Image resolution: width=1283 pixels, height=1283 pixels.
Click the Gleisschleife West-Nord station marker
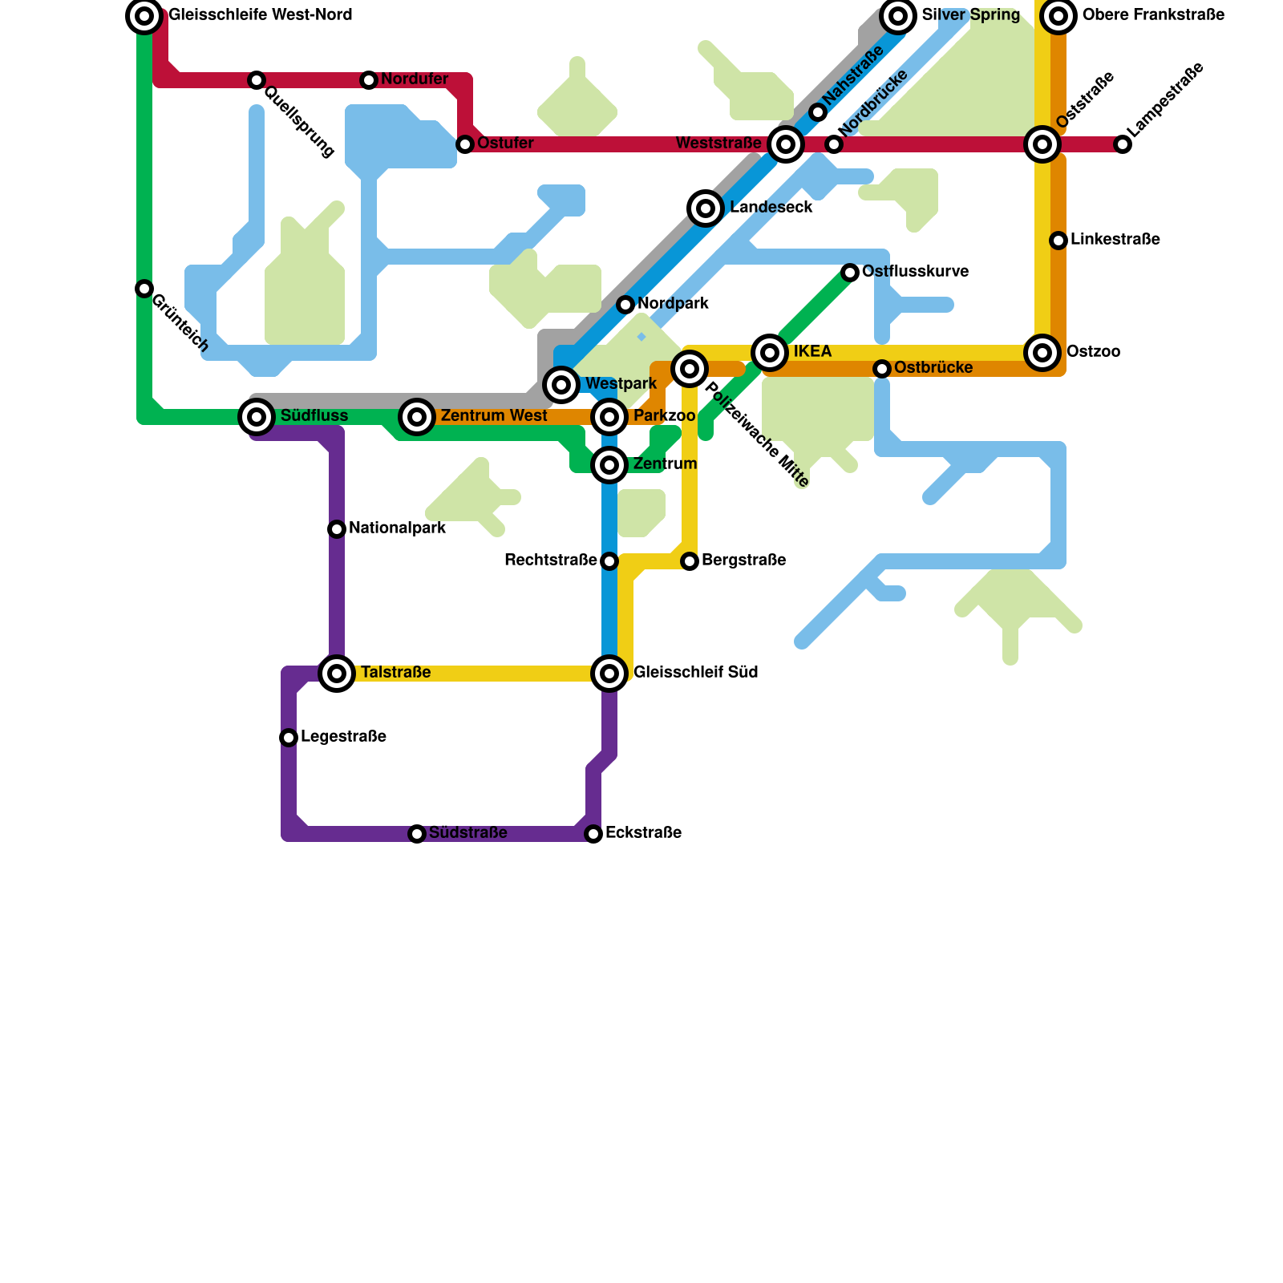(144, 16)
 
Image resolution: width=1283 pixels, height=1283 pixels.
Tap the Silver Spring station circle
(898, 16)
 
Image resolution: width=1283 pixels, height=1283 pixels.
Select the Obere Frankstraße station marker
(1058, 16)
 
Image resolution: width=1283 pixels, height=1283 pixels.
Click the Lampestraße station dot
(1123, 144)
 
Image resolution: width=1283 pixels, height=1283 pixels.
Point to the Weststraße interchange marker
(786, 144)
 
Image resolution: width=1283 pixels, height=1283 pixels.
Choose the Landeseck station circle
(706, 208)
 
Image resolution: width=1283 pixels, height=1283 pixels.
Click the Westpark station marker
(561, 385)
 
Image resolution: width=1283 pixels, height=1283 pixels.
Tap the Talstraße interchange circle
(337, 674)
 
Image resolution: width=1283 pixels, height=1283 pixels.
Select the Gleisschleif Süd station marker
(609, 674)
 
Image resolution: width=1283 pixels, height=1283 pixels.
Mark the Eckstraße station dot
(593, 834)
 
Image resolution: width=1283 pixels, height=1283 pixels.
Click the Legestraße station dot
(289, 738)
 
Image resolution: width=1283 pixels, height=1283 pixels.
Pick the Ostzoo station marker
(1042, 353)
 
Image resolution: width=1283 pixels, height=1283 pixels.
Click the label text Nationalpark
(397, 529)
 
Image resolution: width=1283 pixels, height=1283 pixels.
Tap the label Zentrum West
(494, 416)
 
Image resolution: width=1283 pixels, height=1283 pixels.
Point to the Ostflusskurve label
(915, 272)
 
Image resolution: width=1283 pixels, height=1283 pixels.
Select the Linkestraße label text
(1115, 240)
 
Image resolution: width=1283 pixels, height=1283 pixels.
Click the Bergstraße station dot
(690, 561)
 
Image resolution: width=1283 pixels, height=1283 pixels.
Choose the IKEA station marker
(770, 353)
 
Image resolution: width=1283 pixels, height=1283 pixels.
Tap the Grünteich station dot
(144, 289)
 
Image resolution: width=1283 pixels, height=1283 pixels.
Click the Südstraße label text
(467, 833)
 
